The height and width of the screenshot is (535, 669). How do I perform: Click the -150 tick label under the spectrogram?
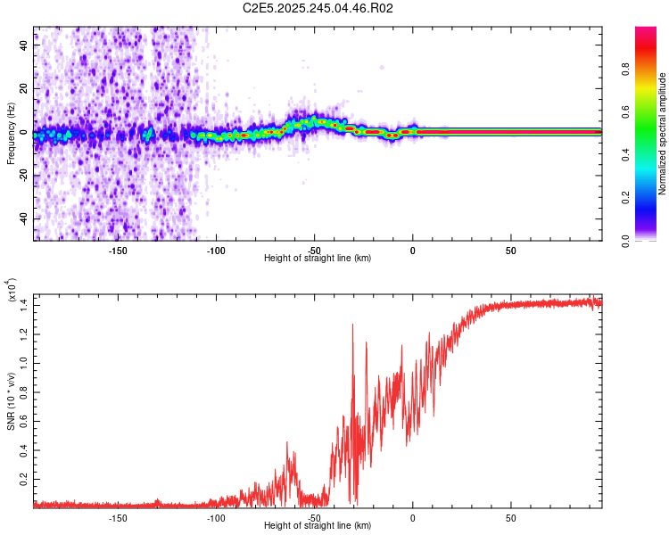click(x=118, y=251)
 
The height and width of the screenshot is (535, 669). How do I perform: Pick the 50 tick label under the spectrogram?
click(x=510, y=251)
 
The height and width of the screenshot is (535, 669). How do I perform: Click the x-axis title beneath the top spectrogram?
click(x=318, y=259)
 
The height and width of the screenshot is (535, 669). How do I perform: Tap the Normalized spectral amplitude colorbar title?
click(x=662, y=134)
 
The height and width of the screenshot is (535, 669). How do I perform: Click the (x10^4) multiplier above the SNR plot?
click(x=11, y=291)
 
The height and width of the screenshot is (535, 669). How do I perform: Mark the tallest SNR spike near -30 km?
click(x=353, y=325)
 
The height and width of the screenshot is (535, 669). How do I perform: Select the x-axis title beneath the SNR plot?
click(x=318, y=526)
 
